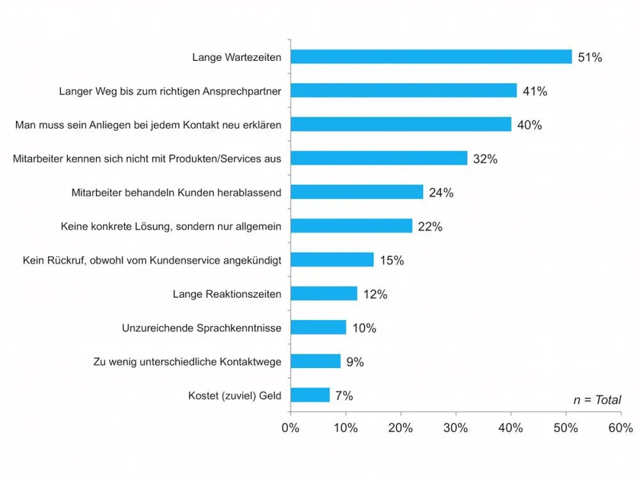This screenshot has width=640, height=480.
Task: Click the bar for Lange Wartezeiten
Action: click(431, 57)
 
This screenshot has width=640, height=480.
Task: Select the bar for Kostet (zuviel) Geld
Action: click(310, 395)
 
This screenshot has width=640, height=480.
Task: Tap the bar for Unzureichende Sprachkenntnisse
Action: click(318, 327)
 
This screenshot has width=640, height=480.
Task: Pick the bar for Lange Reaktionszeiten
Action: click(324, 294)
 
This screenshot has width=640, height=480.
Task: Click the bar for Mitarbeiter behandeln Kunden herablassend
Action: click(357, 192)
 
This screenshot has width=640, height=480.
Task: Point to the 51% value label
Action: click(590, 58)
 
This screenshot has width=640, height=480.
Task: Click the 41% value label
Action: click(535, 91)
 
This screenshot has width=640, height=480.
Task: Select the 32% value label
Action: click(485, 159)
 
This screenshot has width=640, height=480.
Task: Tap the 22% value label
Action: click(430, 227)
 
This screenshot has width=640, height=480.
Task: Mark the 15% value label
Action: click(391, 260)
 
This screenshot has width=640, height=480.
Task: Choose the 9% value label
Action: click(355, 362)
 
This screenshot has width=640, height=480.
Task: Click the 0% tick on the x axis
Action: click(291, 428)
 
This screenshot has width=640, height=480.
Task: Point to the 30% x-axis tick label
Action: click(455, 428)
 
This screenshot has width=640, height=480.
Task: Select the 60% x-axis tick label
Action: click(620, 428)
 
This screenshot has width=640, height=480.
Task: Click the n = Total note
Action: click(597, 399)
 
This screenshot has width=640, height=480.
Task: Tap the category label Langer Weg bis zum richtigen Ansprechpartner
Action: click(170, 91)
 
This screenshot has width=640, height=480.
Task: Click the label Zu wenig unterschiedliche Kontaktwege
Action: click(187, 362)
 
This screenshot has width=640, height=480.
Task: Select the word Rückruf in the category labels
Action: click(66, 260)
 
